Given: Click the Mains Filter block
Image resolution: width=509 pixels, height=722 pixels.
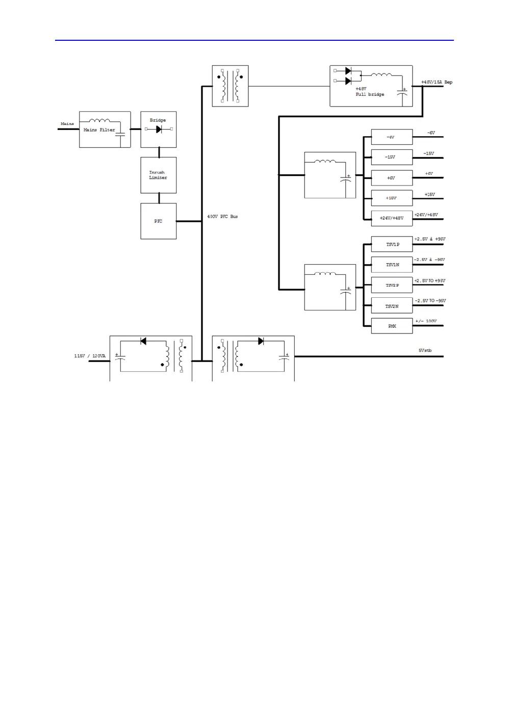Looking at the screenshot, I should (x=105, y=130).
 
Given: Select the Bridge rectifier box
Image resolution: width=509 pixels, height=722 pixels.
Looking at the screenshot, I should (x=158, y=129).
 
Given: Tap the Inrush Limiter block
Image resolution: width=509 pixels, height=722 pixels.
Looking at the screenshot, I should (x=158, y=175).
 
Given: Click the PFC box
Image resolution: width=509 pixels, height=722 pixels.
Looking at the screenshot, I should (x=158, y=221).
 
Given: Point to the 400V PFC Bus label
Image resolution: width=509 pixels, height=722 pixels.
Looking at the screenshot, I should (x=222, y=217).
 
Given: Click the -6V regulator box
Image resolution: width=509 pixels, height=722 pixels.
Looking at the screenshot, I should (x=391, y=137).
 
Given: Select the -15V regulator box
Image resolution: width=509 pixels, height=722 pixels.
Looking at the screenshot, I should (x=391, y=157).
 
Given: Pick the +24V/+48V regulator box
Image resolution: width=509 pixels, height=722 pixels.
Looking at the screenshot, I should (x=391, y=218).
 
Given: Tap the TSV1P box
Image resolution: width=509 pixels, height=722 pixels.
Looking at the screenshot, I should (x=391, y=244).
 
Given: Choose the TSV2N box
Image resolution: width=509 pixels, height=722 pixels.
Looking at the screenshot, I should (x=391, y=306).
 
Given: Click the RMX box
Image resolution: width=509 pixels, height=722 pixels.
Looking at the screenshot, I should (x=391, y=326).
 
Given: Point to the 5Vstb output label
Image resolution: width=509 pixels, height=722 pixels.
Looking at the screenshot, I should (x=425, y=351).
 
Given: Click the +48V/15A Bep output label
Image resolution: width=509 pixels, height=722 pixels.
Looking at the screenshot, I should (x=437, y=82).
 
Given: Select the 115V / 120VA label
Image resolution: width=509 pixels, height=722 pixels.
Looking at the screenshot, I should (x=90, y=356).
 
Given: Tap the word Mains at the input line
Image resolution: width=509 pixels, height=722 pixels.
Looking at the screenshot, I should (x=67, y=124).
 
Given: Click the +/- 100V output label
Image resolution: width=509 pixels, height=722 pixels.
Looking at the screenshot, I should (x=426, y=321).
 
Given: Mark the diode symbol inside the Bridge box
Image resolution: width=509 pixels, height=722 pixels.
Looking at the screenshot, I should (x=159, y=130).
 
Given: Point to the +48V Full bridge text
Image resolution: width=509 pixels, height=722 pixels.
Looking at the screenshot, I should (x=370, y=92).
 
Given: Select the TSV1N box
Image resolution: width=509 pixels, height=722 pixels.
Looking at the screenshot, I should (x=391, y=265).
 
